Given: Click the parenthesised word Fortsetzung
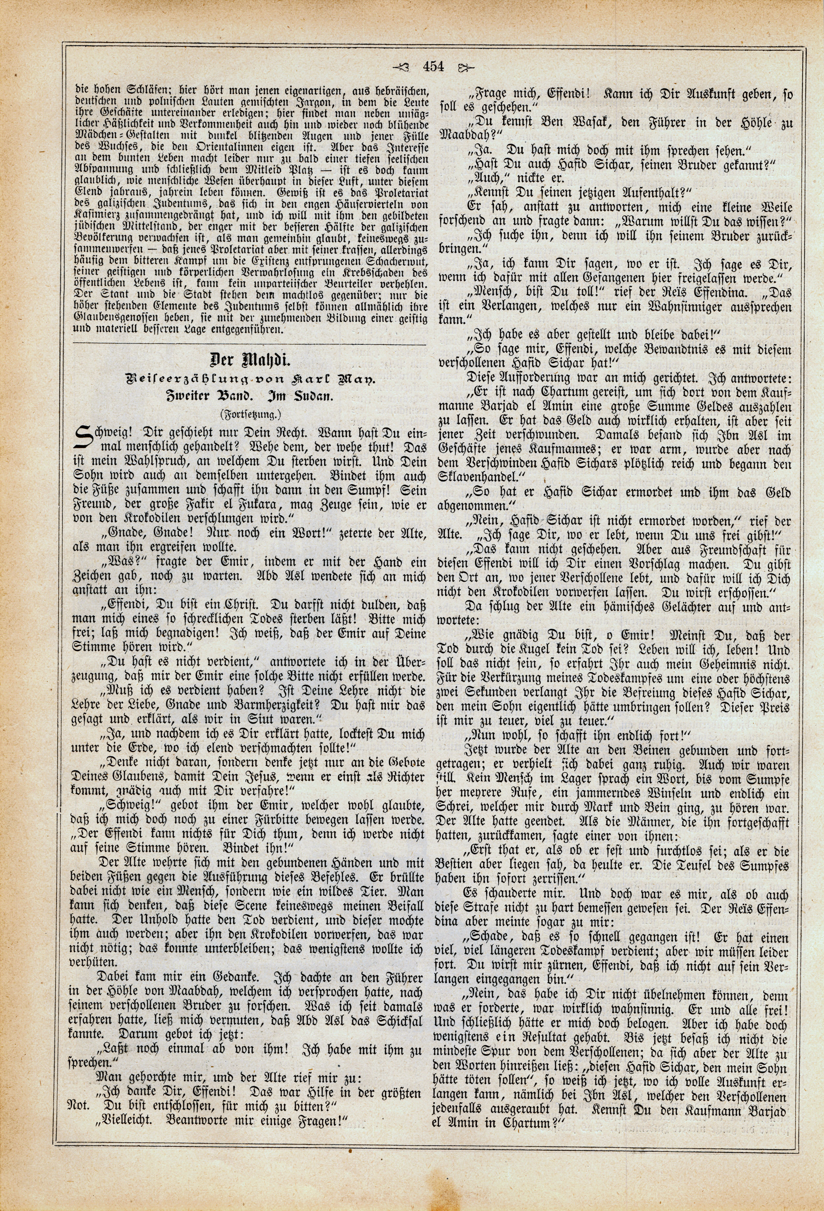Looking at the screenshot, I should point(250,415).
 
